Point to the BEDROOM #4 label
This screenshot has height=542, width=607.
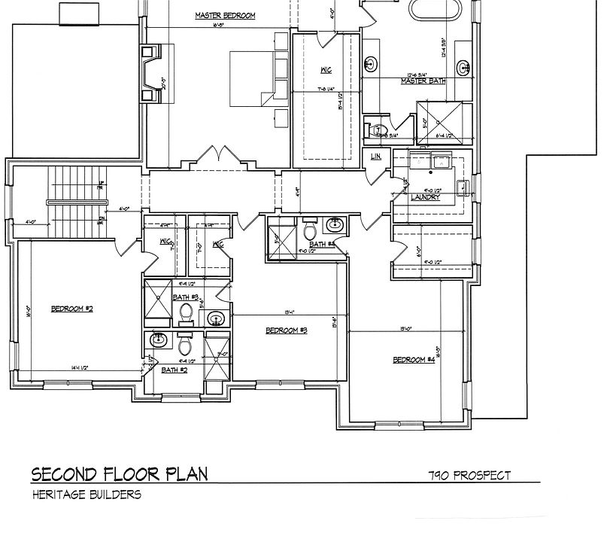pos(414,360)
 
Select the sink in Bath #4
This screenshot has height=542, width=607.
pos(335,224)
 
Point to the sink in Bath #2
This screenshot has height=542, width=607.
pos(159,341)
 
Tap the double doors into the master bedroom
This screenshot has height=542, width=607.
pos(219,157)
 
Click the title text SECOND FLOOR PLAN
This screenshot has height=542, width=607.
pos(119,474)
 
